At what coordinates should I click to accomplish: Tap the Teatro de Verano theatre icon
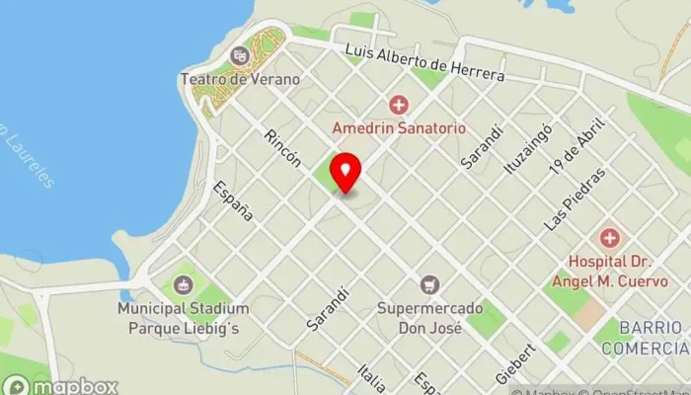(x=238, y=55)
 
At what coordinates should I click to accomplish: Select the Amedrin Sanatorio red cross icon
(x=398, y=105)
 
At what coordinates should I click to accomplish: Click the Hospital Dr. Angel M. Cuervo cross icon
(x=610, y=238)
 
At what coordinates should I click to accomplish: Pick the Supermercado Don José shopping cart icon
(x=428, y=285)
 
